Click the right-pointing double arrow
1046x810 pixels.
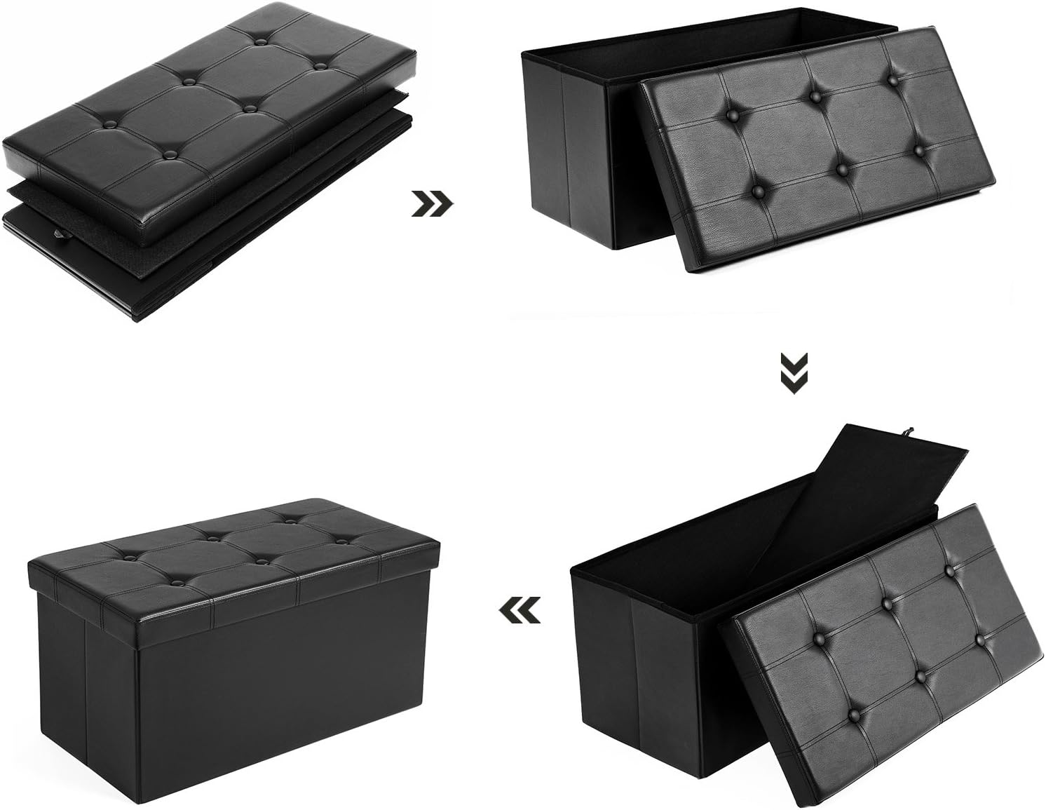click(433, 204)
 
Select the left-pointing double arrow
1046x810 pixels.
click(520, 609)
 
